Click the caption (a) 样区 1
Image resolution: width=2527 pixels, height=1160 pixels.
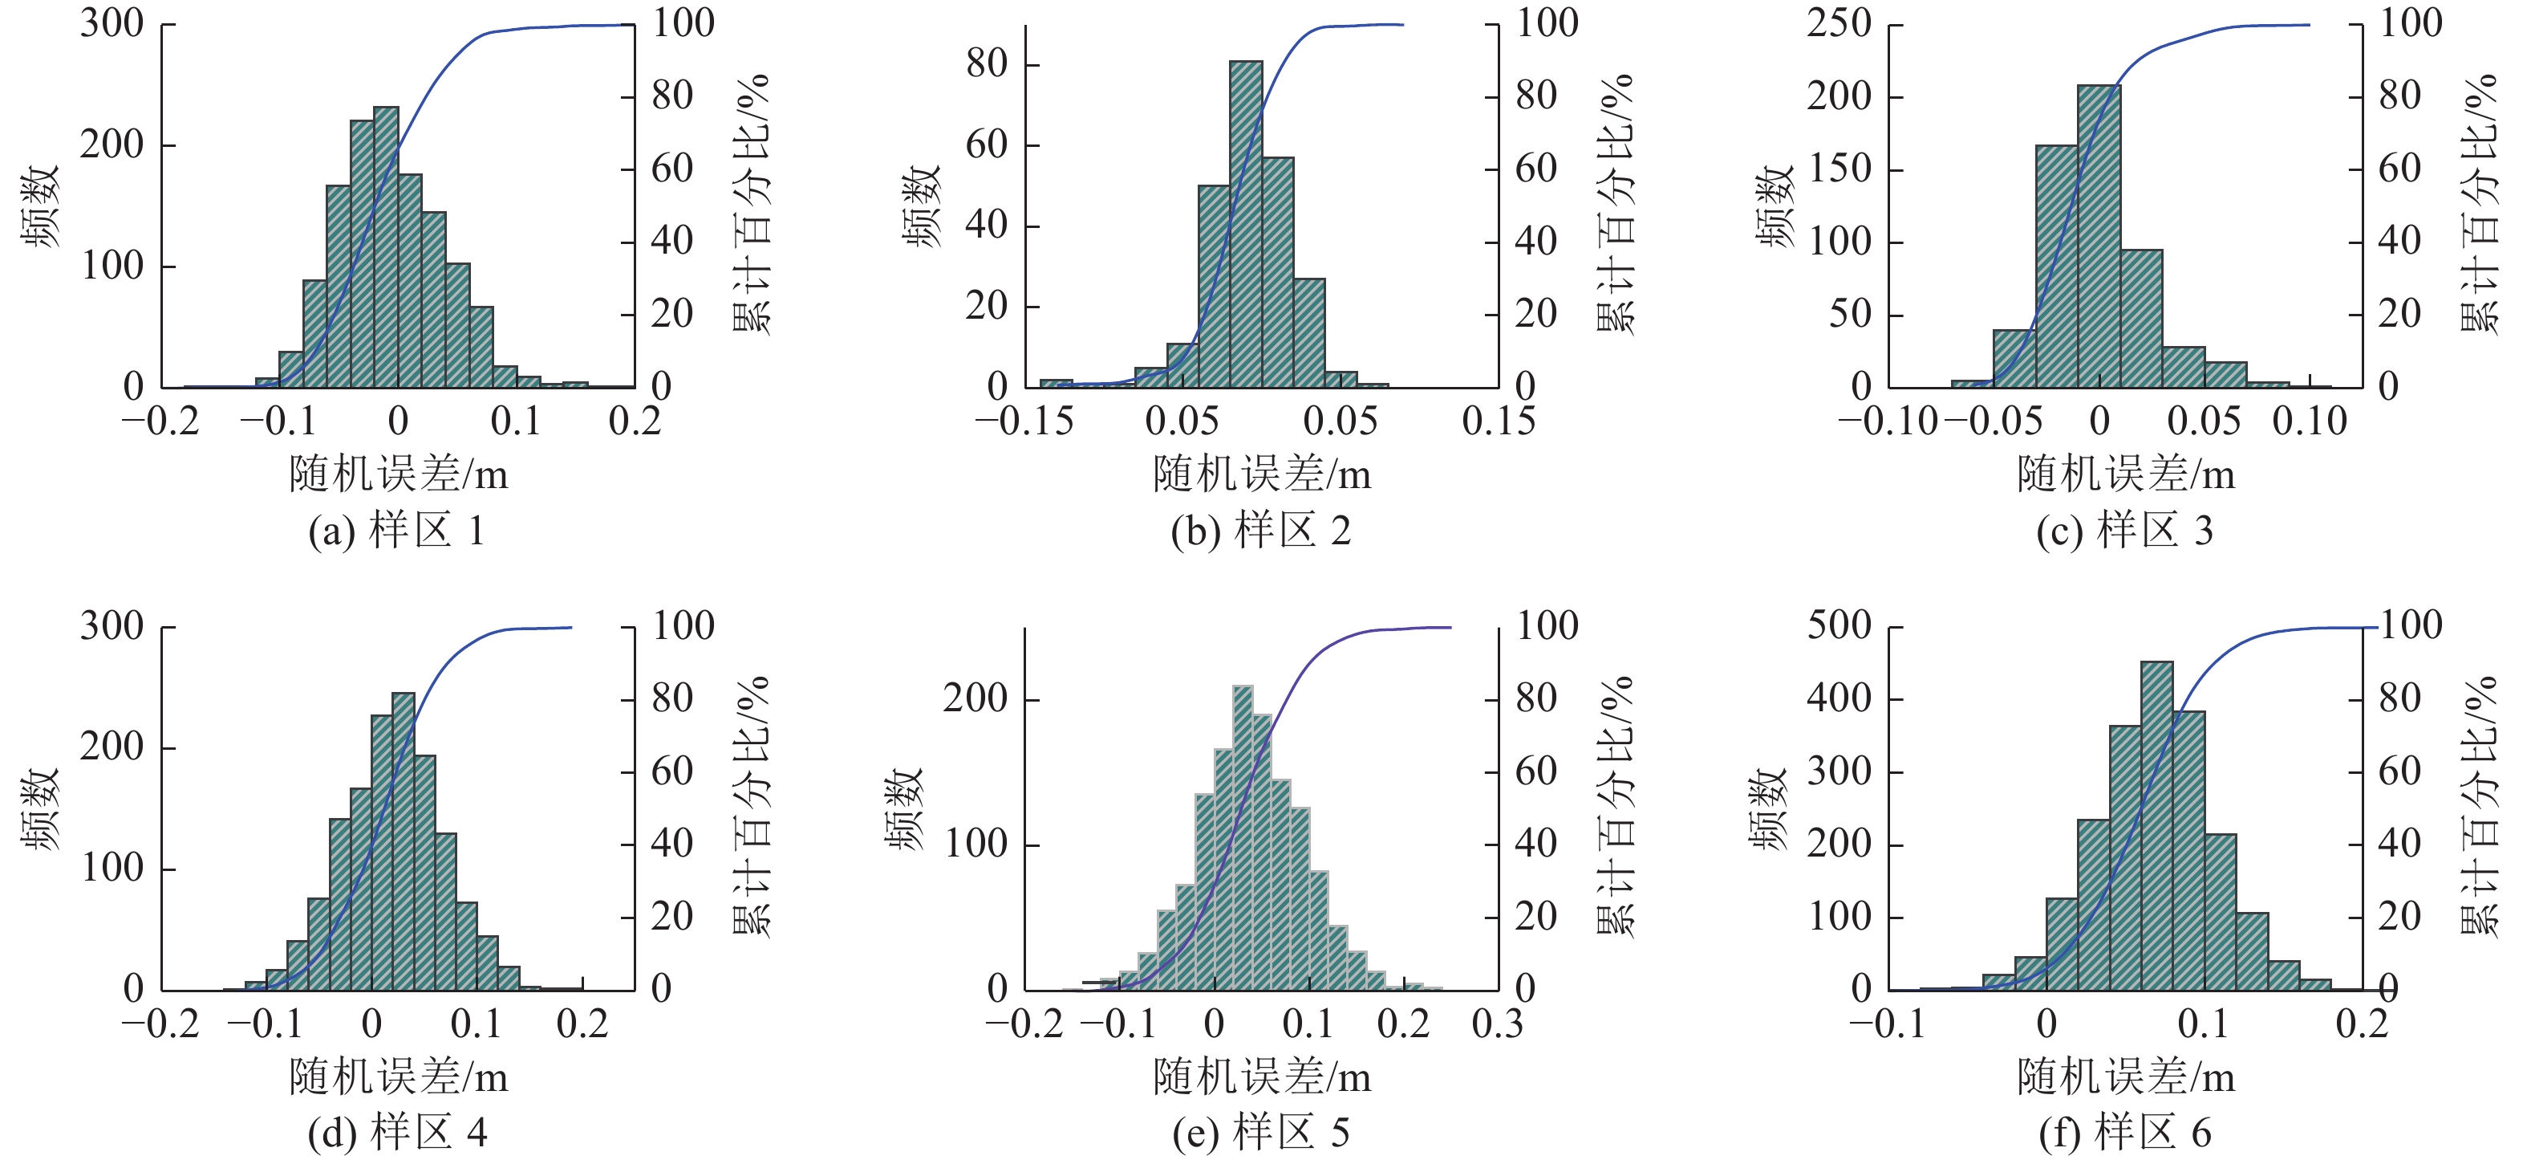[x=396, y=531]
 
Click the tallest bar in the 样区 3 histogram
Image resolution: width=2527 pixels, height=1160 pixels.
[x=2099, y=235]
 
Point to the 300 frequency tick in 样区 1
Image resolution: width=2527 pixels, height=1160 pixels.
[x=112, y=23]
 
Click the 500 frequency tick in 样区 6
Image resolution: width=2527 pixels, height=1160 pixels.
[x=1839, y=625]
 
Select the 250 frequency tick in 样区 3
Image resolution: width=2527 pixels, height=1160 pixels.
[x=1839, y=23]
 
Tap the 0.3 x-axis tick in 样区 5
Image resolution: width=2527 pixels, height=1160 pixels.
[x=1498, y=1024]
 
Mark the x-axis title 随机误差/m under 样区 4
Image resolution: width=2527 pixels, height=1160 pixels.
[x=398, y=1077]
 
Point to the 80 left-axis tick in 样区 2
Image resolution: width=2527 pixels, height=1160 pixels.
[x=986, y=65]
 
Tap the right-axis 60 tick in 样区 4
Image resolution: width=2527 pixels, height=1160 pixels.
[x=672, y=771]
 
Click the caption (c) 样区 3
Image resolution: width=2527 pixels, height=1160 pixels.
[x=2125, y=531]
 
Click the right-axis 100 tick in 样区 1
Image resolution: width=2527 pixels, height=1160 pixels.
[x=683, y=23]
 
